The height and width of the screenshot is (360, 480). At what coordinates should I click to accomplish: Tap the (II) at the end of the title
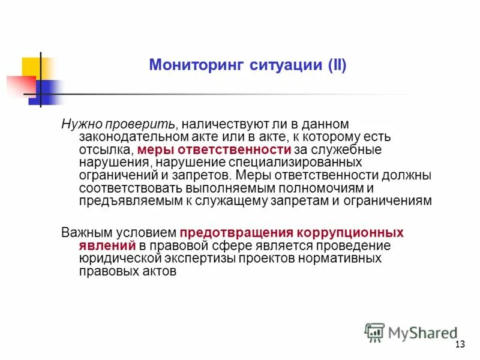tap(334, 65)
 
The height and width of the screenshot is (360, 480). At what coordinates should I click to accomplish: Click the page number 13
tap(460, 344)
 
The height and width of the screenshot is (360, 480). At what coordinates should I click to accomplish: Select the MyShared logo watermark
tap(411, 332)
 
